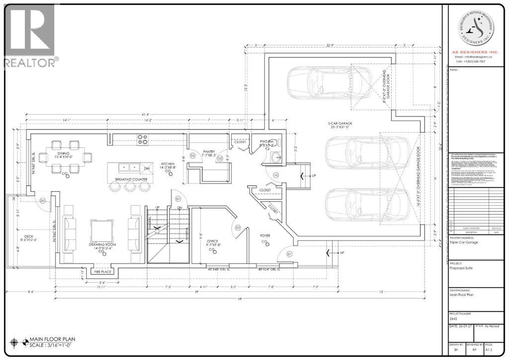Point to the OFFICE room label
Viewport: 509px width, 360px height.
[213, 241]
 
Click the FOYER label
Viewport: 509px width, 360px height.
[265, 236]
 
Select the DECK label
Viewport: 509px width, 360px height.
[25, 237]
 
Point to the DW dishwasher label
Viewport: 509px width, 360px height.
[147, 168]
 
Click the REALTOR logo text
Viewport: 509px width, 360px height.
[30, 63]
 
